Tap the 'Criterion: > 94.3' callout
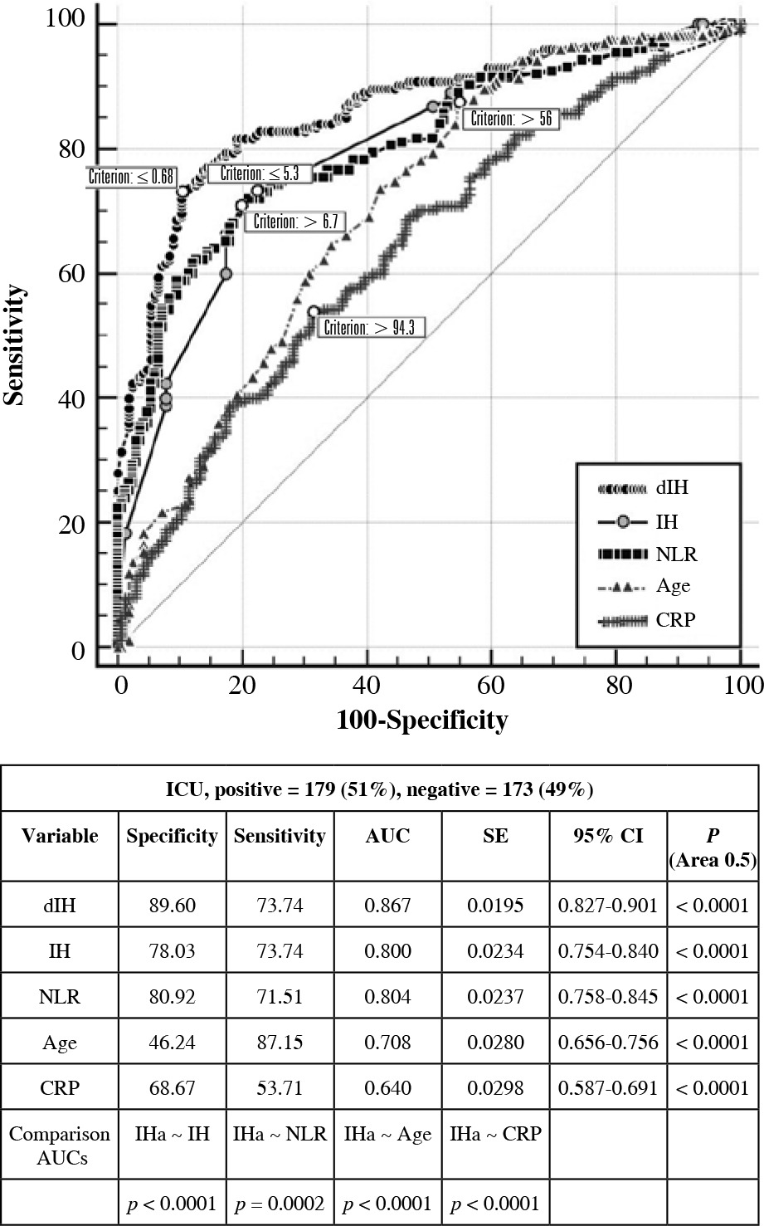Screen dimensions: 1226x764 374,328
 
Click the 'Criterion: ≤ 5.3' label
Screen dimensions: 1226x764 260,174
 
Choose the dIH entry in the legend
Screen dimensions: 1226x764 671,488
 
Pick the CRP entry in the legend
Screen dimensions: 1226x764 673,618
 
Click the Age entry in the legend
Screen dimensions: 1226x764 673,585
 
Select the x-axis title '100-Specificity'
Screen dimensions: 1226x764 421,719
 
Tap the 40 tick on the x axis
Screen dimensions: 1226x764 366,685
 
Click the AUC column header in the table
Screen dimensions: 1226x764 387,836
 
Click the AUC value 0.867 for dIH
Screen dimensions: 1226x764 387,906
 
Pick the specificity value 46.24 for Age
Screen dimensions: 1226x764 172,1042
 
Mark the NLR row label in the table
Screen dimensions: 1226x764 59,996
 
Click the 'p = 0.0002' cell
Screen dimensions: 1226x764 280,1203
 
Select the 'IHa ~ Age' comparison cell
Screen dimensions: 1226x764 387,1134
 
